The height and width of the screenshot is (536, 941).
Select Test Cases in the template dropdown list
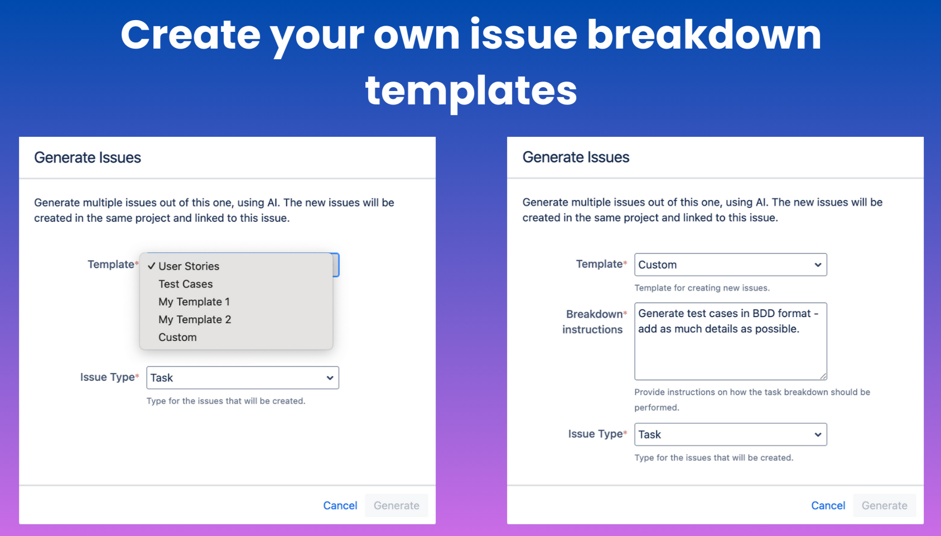(185, 284)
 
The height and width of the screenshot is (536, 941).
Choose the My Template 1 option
(194, 301)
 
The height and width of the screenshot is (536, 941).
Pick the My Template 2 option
(195, 319)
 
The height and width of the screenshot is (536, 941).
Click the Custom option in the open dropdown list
(177, 337)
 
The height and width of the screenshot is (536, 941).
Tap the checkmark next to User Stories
(151, 266)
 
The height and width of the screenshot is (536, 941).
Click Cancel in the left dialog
(340, 505)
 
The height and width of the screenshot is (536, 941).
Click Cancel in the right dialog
(828, 505)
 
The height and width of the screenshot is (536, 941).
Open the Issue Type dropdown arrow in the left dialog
(330, 377)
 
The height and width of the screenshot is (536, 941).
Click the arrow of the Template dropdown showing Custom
(818, 265)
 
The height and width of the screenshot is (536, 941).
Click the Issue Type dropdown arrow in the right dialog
(818, 435)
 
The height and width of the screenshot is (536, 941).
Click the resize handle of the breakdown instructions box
(823, 376)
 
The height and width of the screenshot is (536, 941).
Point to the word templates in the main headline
(471, 91)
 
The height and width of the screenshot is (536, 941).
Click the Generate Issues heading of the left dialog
(88, 157)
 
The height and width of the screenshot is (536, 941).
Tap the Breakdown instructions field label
(593, 322)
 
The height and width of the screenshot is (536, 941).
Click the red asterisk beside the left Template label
(137, 263)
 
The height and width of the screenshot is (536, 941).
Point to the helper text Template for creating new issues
(702, 288)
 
